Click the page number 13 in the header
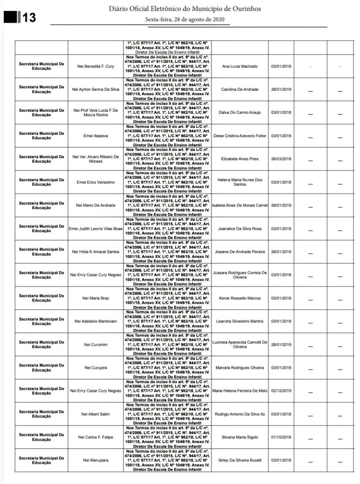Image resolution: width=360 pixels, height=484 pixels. coord(29,17)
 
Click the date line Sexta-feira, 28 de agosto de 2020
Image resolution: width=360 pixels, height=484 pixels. coord(185,19)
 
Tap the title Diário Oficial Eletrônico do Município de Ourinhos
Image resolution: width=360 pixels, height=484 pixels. coord(185,8)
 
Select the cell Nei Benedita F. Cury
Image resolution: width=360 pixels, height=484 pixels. coord(96,66)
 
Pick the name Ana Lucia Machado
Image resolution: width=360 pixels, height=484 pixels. coord(240,66)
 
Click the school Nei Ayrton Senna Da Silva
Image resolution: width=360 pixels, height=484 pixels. coord(96,89)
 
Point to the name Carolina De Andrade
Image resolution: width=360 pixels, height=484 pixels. coord(240,89)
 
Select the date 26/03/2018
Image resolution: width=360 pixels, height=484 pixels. coord(281,159)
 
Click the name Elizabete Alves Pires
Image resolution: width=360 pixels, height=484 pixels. coord(240,159)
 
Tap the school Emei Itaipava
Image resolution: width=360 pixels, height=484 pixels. coord(96,136)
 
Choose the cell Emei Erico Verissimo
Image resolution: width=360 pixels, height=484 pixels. coord(96,182)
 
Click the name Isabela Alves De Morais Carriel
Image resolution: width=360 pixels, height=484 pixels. coord(240,205)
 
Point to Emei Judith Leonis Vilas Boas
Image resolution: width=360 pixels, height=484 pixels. coord(96,229)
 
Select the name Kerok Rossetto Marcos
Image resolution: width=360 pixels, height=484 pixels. coord(240,298)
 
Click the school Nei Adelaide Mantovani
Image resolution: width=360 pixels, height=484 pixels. coord(96,321)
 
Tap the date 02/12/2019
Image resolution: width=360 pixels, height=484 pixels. coord(281,391)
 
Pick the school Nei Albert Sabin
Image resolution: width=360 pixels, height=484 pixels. coord(96,414)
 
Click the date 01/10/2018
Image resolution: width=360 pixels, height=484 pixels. coord(281,437)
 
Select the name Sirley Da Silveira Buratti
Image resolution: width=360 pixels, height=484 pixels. coord(240,460)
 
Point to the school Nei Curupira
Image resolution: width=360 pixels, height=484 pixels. coord(96,368)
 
